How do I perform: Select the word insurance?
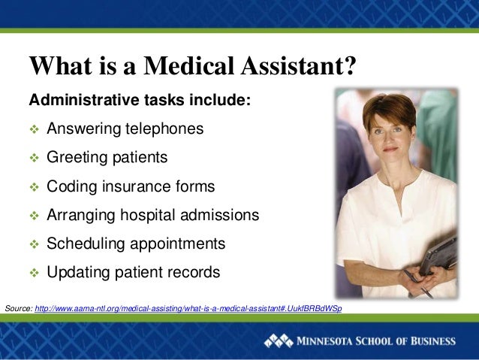tap(132, 186)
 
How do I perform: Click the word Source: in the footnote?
tap(18, 309)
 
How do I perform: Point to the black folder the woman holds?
tap(438, 256)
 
